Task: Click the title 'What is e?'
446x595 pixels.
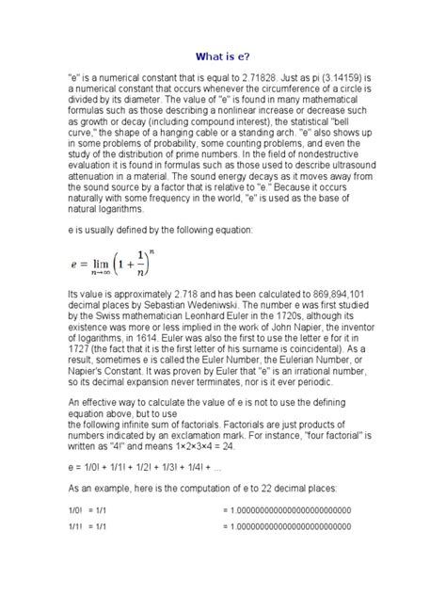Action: (223, 55)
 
